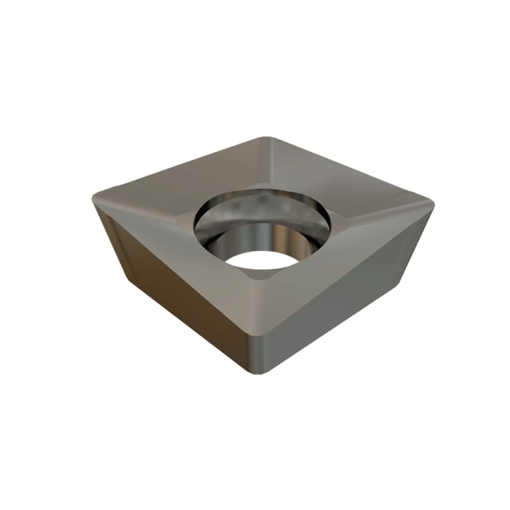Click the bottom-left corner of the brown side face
(128, 278)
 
